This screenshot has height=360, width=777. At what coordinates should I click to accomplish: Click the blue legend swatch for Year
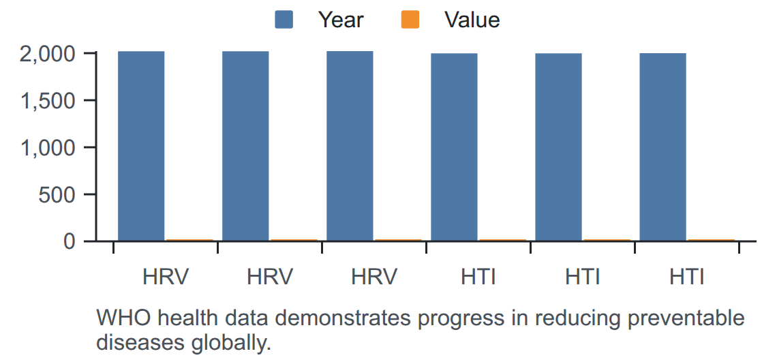[284, 20]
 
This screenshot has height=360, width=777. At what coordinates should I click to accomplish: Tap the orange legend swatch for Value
[410, 20]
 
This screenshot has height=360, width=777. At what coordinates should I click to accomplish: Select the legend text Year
[340, 20]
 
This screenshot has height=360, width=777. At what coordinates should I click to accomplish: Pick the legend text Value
[472, 20]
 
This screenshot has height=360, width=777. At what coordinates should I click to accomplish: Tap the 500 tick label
[57, 195]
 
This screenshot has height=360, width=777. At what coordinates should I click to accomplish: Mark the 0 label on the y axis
[70, 241]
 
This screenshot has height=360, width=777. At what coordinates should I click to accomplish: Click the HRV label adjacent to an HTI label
[374, 277]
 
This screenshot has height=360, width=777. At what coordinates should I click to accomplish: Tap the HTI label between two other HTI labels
[583, 277]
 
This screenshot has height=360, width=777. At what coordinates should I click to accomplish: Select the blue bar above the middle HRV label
[245, 147]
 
